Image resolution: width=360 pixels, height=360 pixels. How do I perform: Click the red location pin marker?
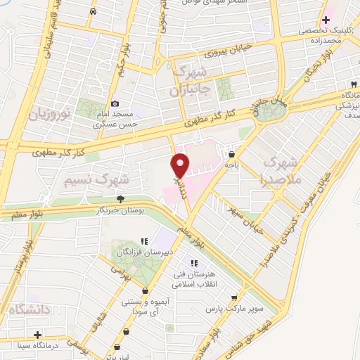tap(181, 166)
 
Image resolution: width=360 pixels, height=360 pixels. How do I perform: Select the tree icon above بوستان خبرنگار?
tap(120, 198)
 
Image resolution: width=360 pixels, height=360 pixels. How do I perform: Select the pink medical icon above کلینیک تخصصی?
tap(326, 20)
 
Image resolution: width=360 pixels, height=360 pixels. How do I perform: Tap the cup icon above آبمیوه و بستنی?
tap(145, 290)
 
